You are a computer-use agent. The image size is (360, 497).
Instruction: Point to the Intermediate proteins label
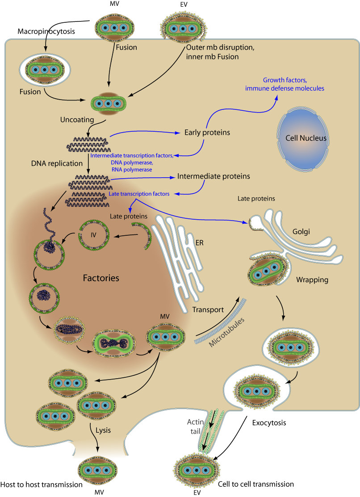pyautogui.click(x=213, y=176)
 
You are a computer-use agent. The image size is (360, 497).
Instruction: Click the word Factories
pyautogui.click(x=101, y=278)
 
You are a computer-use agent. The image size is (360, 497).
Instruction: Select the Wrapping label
pyautogui.click(x=312, y=280)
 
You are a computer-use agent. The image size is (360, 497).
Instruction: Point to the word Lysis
pyautogui.click(x=103, y=430)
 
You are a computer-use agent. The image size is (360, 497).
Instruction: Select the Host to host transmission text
pyautogui.click(x=42, y=484)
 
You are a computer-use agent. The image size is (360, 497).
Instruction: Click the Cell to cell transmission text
pyautogui.click(x=256, y=484)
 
